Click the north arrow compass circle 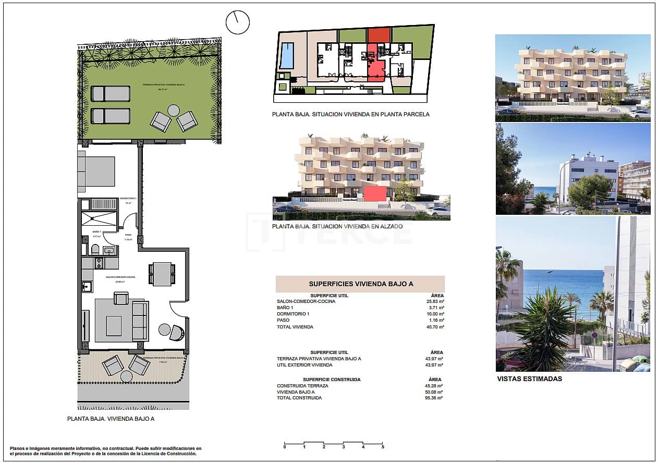[238, 22]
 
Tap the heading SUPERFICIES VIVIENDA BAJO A [361, 284]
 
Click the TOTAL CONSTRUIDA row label [299, 398]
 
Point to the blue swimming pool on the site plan [287, 56]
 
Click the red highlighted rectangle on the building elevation [375, 194]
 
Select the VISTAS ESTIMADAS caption [530, 379]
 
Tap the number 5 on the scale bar [383, 447]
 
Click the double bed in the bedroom [97, 171]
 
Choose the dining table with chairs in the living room [162, 274]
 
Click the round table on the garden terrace [174, 111]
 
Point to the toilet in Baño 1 [95, 250]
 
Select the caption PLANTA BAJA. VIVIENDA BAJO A [111, 419]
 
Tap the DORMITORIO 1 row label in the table [293, 314]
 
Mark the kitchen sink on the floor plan [87, 287]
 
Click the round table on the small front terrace [126, 376]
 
